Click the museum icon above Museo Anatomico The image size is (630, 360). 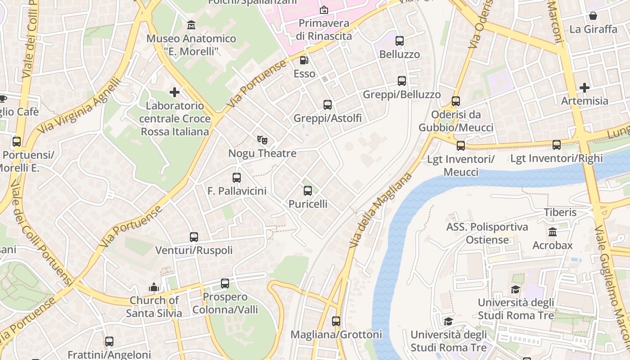coord(191,24)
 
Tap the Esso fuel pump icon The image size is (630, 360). coord(304,60)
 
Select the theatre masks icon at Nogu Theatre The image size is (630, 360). coord(262,140)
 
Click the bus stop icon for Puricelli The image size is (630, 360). coord(308,191)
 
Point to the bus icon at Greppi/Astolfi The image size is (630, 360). coord(328,105)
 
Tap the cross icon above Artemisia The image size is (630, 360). coord(585,87)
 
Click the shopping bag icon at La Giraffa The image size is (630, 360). coord(593,16)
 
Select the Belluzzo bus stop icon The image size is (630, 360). coord(400,41)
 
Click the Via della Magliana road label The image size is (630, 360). coord(380,211)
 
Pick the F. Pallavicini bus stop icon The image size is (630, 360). coord(237,178)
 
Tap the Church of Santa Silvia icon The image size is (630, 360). coord(154,287)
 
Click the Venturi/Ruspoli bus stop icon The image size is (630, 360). coord(194,237)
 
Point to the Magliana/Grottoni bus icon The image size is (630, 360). coord(336,321)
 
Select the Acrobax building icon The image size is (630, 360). coord(552,232)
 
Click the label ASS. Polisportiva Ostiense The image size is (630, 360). coord(487,233)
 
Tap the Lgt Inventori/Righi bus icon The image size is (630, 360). coord(557,145)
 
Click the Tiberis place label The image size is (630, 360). coord(560,212)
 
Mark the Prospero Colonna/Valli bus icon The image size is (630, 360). coord(225,283)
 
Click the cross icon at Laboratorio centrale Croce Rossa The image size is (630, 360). coord(175,92)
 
